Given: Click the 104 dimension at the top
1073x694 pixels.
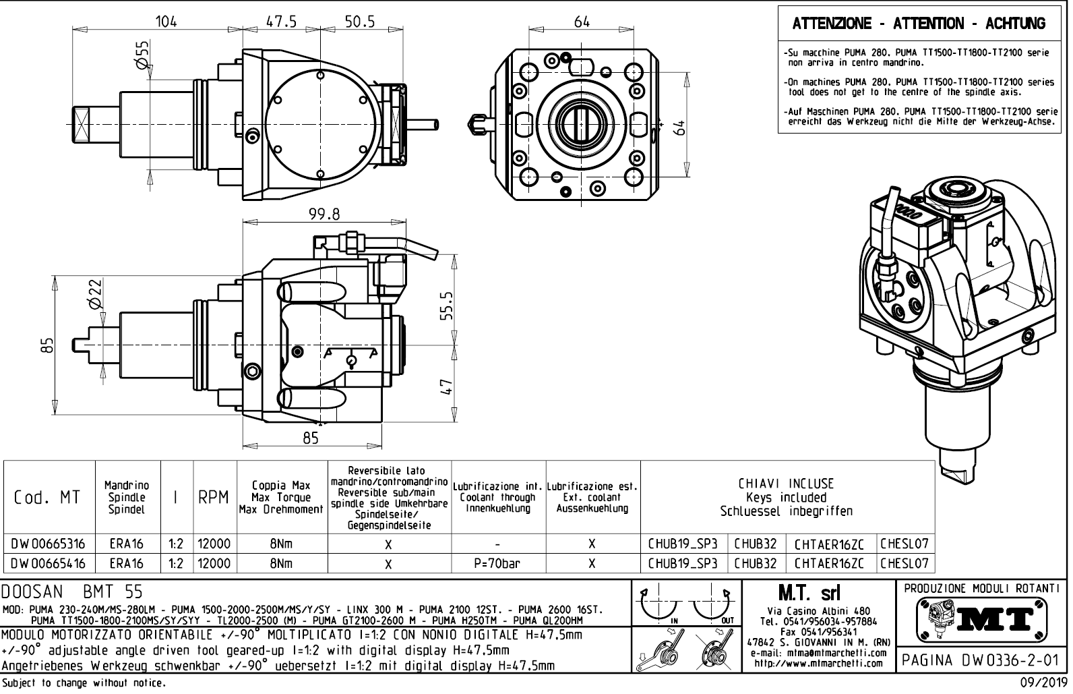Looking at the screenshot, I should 166,21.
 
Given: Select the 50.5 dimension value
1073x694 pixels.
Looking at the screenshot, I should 360,21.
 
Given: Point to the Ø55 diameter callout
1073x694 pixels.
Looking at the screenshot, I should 143,54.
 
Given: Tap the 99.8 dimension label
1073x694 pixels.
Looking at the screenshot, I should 324,214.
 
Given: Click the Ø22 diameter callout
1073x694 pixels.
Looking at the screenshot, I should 95,295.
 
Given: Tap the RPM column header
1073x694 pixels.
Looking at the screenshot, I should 214,498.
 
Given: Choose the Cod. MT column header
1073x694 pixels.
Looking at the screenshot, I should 47,498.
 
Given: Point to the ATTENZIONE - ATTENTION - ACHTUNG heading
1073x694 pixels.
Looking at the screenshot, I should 919,24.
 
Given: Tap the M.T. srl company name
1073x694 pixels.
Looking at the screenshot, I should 818,593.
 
